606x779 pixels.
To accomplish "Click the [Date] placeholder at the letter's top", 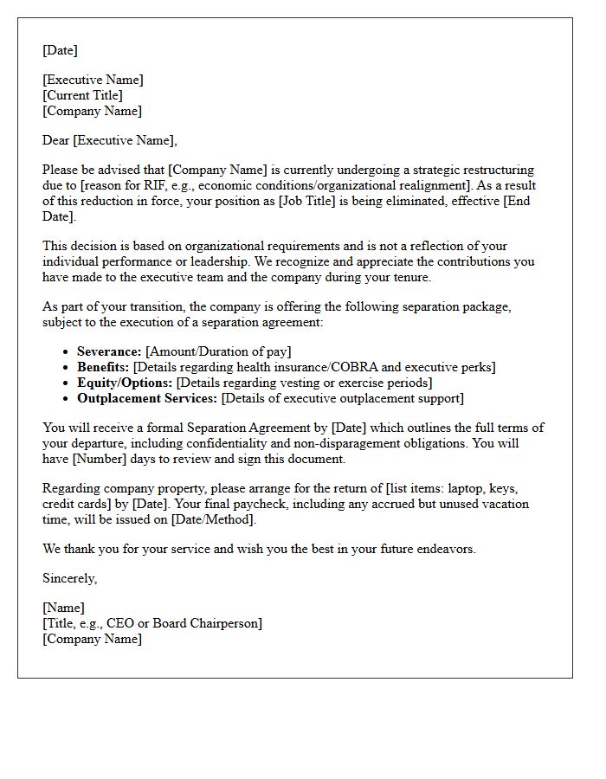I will coord(60,50).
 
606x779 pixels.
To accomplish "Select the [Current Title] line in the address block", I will coord(82,95).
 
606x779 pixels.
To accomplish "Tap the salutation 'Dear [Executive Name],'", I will coord(109,140).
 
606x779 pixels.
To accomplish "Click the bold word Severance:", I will coord(109,351).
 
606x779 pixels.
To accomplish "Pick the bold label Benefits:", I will coord(103,367).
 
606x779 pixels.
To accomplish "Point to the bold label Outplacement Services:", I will coord(147,398).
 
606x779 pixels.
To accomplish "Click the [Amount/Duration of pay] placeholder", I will coord(218,351).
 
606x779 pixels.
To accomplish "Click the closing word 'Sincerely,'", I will coord(70,578).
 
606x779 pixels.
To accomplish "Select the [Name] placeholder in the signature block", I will coord(63,608).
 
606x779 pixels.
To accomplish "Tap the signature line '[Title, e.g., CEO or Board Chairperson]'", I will coord(152,623).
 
